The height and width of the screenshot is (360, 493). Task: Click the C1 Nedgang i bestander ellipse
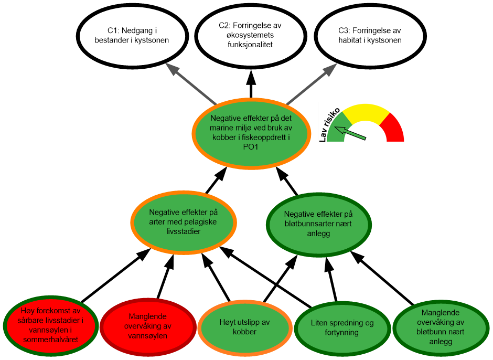coord(132,35)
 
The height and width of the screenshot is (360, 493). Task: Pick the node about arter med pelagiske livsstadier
coord(183,221)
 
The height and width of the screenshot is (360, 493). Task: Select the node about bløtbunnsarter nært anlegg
coord(318,223)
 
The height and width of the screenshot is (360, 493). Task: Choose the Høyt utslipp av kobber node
coord(245,326)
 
